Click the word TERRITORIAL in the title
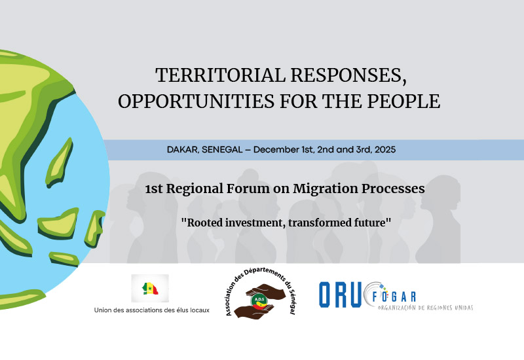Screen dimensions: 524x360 tap(220, 75)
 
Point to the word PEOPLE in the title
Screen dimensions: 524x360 tap(403, 101)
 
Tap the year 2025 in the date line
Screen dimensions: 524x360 tap(385, 150)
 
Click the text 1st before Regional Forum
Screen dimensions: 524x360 tap(154, 189)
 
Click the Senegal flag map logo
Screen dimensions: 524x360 tap(150, 288)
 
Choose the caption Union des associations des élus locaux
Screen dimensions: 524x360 tap(152, 310)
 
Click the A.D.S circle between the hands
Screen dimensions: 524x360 tap(259, 300)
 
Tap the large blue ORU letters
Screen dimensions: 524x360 tap(340, 295)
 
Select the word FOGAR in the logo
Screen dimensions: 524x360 tap(394, 297)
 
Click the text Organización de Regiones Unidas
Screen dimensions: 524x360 tap(425, 308)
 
